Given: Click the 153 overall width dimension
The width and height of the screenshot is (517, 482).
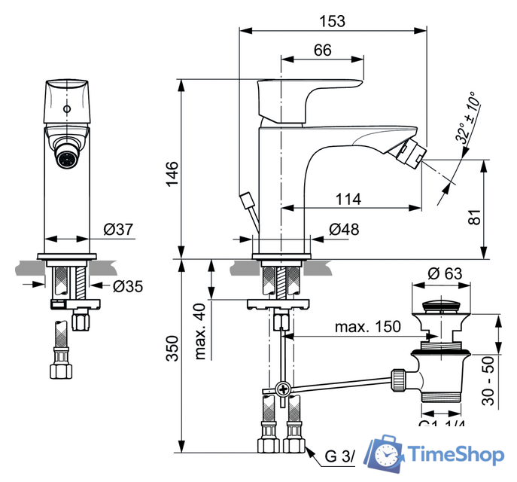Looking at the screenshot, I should click(332, 21).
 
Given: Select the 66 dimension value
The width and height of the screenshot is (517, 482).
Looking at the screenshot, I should click(322, 50).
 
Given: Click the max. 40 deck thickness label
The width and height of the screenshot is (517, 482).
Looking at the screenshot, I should click(200, 331).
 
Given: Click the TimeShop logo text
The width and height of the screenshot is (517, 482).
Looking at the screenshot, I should click(456, 454).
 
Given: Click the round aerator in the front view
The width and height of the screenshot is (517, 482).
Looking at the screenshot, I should click(67, 160).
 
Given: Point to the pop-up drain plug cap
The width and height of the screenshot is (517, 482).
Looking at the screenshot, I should click(444, 307).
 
